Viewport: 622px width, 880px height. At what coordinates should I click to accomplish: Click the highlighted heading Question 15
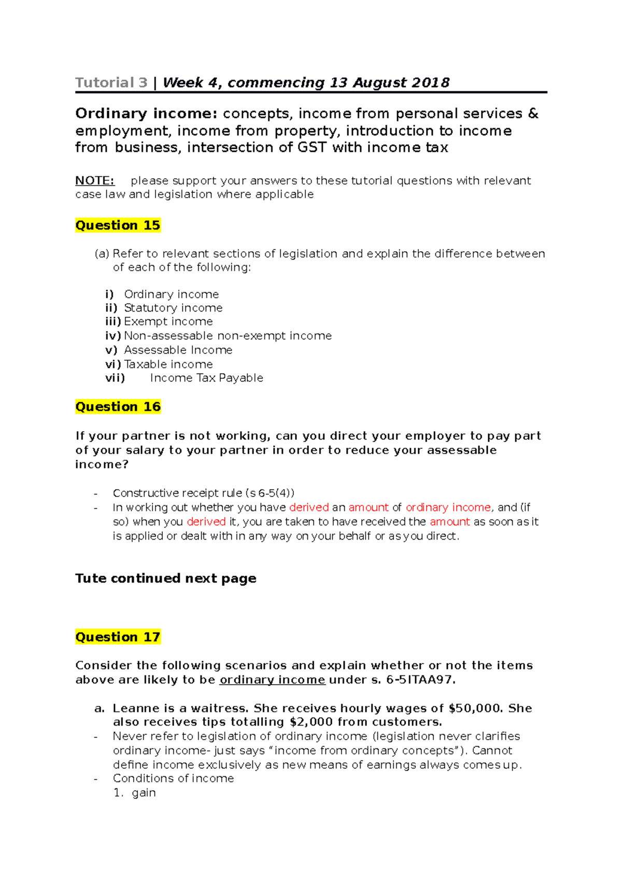point(118,225)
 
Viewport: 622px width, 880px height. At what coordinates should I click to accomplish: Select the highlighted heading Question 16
point(118,407)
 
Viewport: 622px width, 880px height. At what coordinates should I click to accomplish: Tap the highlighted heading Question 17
point(118,637)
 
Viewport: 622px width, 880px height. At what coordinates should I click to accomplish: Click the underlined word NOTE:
point(94,181)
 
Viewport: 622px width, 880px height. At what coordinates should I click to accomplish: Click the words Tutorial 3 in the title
point(111,83)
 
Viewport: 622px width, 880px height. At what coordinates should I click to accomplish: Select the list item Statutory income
point(173,308)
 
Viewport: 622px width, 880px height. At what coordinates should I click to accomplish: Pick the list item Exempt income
point(168,322)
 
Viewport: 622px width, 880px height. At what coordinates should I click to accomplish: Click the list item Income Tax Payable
point(206,378)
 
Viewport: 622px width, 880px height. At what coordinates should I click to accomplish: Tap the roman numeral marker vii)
point(115,378)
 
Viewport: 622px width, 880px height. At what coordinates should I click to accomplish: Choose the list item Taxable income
point(168,364)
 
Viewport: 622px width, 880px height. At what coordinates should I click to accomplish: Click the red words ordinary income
point(448,507)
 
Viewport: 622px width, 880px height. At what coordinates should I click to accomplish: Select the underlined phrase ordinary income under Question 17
point(272,680)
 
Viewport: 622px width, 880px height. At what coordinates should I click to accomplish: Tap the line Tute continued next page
point(166,578)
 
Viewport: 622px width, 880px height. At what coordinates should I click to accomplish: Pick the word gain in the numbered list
point(144,793)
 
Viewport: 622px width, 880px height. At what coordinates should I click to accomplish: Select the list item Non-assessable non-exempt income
point(228,336)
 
